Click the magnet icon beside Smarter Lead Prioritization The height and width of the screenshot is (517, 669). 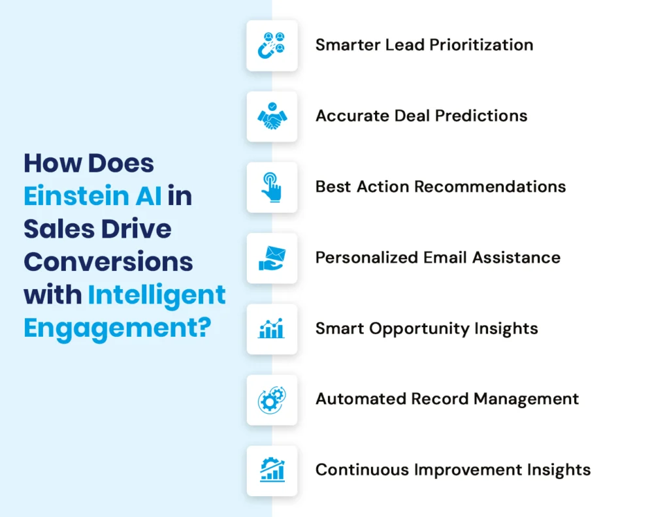point(272,46)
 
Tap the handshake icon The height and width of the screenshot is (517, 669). point(272,116)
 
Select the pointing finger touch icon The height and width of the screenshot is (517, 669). point(272,187)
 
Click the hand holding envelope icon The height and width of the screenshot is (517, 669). point(272,258)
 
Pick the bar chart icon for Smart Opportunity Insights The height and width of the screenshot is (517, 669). point(272,328)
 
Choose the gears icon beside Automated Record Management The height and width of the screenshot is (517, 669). point(272,399)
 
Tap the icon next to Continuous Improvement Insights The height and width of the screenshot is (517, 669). point(272,470)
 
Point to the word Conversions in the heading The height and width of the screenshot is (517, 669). point(108,262)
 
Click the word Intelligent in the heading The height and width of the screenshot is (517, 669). point(157,294)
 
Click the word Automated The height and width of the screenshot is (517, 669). point(359,399)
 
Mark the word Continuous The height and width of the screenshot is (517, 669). point(361,469)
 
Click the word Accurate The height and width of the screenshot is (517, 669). point(353,116)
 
